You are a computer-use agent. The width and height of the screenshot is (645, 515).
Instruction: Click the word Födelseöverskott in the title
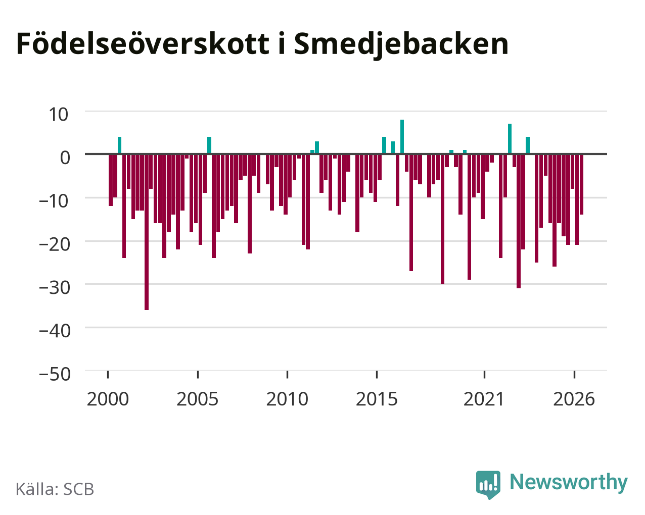143,44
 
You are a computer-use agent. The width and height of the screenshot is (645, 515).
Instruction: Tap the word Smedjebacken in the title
401,45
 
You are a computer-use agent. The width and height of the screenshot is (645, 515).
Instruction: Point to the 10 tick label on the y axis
59,115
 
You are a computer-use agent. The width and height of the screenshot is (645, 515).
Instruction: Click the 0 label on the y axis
65,158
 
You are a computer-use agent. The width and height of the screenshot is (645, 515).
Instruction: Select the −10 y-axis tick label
54,201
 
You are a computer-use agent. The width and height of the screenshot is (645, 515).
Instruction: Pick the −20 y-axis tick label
55,244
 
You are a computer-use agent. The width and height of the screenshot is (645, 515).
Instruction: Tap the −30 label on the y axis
55,287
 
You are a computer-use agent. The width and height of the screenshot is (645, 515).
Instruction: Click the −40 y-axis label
55,331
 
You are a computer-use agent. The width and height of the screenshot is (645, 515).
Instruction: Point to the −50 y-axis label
55,374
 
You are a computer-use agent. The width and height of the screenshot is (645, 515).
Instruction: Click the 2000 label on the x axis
108,399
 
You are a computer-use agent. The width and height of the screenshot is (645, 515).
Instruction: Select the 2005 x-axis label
197,399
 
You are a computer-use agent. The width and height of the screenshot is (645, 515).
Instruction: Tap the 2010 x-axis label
287,399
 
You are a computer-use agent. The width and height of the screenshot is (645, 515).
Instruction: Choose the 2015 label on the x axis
377,399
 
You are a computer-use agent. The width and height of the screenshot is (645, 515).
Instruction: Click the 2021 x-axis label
484,399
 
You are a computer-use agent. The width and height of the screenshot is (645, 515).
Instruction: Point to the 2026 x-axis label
574,399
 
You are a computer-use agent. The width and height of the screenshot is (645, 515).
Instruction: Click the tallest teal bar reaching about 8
402,137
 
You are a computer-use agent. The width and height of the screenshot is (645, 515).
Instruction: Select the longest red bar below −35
147,232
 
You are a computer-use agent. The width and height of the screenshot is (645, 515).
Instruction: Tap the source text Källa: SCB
55,490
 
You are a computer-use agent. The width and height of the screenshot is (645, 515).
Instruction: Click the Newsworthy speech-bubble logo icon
488,485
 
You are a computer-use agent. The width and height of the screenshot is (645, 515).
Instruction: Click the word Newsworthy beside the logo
569,483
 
